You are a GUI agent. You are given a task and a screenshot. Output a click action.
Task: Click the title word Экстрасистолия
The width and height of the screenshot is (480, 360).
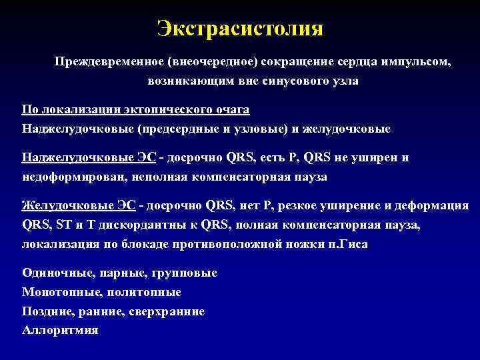(x=240, y=28)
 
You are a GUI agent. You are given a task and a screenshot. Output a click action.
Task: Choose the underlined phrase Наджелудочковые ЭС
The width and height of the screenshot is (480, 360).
(x=89, y=158)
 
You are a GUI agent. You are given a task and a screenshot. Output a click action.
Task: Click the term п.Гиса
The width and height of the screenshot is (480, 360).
(x=347, y=245)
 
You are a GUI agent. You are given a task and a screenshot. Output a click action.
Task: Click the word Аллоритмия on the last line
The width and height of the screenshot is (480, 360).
(x=60, y=331)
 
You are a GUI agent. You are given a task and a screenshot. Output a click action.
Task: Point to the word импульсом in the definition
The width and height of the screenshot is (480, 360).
(x=416, y=62)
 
